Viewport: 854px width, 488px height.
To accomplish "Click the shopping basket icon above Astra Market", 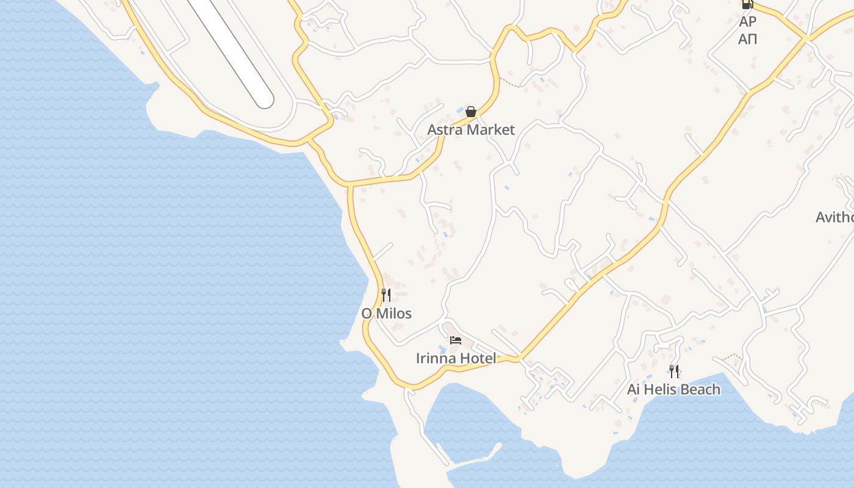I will coord(471,112).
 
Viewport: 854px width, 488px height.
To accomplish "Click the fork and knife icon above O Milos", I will coord(386,295).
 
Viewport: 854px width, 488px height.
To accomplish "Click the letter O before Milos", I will coord(367,314).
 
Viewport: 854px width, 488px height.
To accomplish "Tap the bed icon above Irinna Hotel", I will coord(456,340).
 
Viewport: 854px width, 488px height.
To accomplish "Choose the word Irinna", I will coord(435,358).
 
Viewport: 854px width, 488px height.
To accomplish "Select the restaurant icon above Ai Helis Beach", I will coord(674,371).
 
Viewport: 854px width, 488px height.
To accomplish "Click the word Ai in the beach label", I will coord(634,389).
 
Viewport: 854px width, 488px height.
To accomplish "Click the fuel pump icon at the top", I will coord(747,4).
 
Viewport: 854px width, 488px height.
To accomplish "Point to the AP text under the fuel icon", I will coord(748,22).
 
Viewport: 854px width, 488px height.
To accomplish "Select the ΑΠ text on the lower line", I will coord(748,39).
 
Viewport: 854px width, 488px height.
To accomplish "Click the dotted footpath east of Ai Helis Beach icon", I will coord(732,357).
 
